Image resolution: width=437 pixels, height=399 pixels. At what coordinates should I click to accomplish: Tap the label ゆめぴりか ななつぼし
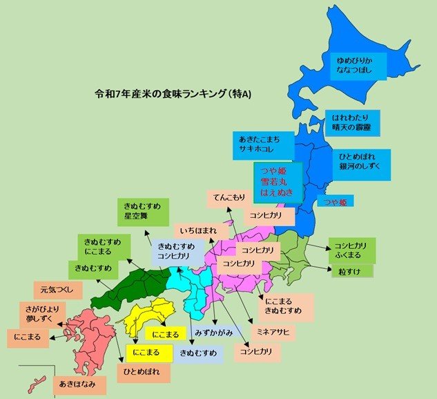[x=357, y=65]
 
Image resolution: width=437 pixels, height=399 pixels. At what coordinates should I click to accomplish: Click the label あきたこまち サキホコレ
[x=264, y=142]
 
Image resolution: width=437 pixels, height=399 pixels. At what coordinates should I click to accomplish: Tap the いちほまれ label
[x=200, y=229]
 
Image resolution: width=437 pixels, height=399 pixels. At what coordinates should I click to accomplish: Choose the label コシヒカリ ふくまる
[x=351, y=250]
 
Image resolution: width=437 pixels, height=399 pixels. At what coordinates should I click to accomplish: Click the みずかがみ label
[x=213, y=333]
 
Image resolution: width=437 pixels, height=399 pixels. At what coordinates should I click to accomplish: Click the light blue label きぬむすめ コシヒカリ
[x=176, y=251]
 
